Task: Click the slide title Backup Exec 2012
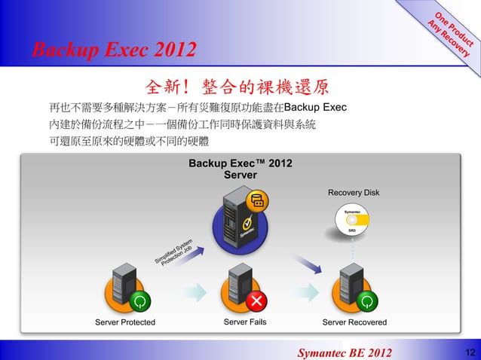[x=113, y=51]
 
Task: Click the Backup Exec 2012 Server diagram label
[x=240, y=169]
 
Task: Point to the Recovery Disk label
[x=354, y=194]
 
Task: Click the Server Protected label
[x=125, y=322]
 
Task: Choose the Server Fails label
[x=245, y=322]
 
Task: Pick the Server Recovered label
[x=354, y=322]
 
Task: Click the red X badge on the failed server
[x=258, y=301]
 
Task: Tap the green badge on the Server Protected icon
[x=139, y=301]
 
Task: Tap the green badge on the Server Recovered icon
[x=366, y=301]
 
